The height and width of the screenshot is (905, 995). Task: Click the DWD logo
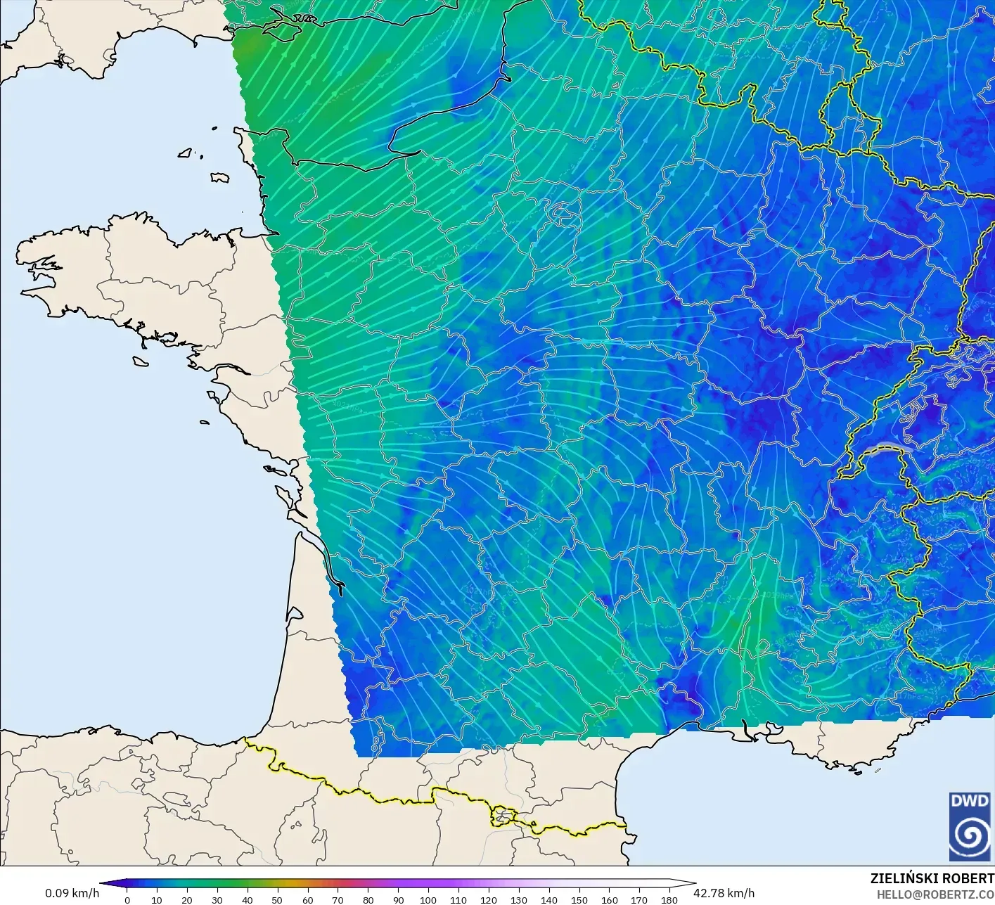[970, 826]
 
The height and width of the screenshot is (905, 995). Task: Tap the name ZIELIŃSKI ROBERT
[932, 878]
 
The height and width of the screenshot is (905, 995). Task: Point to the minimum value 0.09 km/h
[72, 893]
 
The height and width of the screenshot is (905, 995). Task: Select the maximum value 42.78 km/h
[724, 893]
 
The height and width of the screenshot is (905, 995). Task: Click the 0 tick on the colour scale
[127, 900]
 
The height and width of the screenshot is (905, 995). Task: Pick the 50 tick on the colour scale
[277, 900]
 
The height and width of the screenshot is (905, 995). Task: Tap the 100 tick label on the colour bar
[428, 900]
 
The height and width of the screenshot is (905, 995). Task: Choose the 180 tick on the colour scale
[669, 900]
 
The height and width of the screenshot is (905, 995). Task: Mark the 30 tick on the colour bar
[217, 900]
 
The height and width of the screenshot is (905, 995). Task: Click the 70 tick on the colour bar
[338, 900]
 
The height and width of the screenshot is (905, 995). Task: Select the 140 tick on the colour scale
[549, 900]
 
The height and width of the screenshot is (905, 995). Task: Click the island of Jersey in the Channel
[219, 178]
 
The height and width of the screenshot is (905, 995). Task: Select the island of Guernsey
[186, 153]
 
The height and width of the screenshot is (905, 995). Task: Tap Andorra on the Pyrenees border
[503, 816]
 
